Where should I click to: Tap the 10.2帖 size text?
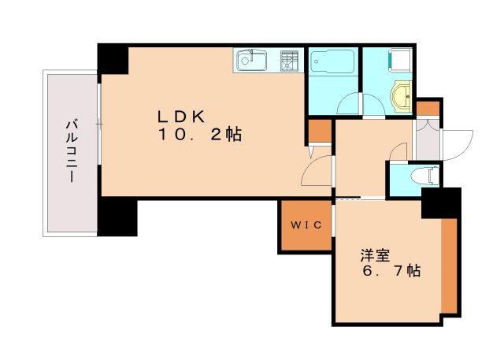click(x=198, y=135)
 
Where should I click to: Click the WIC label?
click(x=306, y=226)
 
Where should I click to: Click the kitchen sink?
click(x=253, y=59)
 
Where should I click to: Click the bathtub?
click(x=332, y=62)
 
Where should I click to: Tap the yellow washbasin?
click(x=402, y=95)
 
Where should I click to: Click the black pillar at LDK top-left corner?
click(x=113, y=59)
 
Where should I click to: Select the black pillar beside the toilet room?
click(x=441, y=202)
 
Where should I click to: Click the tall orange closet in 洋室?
click(x=450, y=264)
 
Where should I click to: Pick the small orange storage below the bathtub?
click(x=320, y=130)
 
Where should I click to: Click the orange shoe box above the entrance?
click(x=428, y=107)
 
